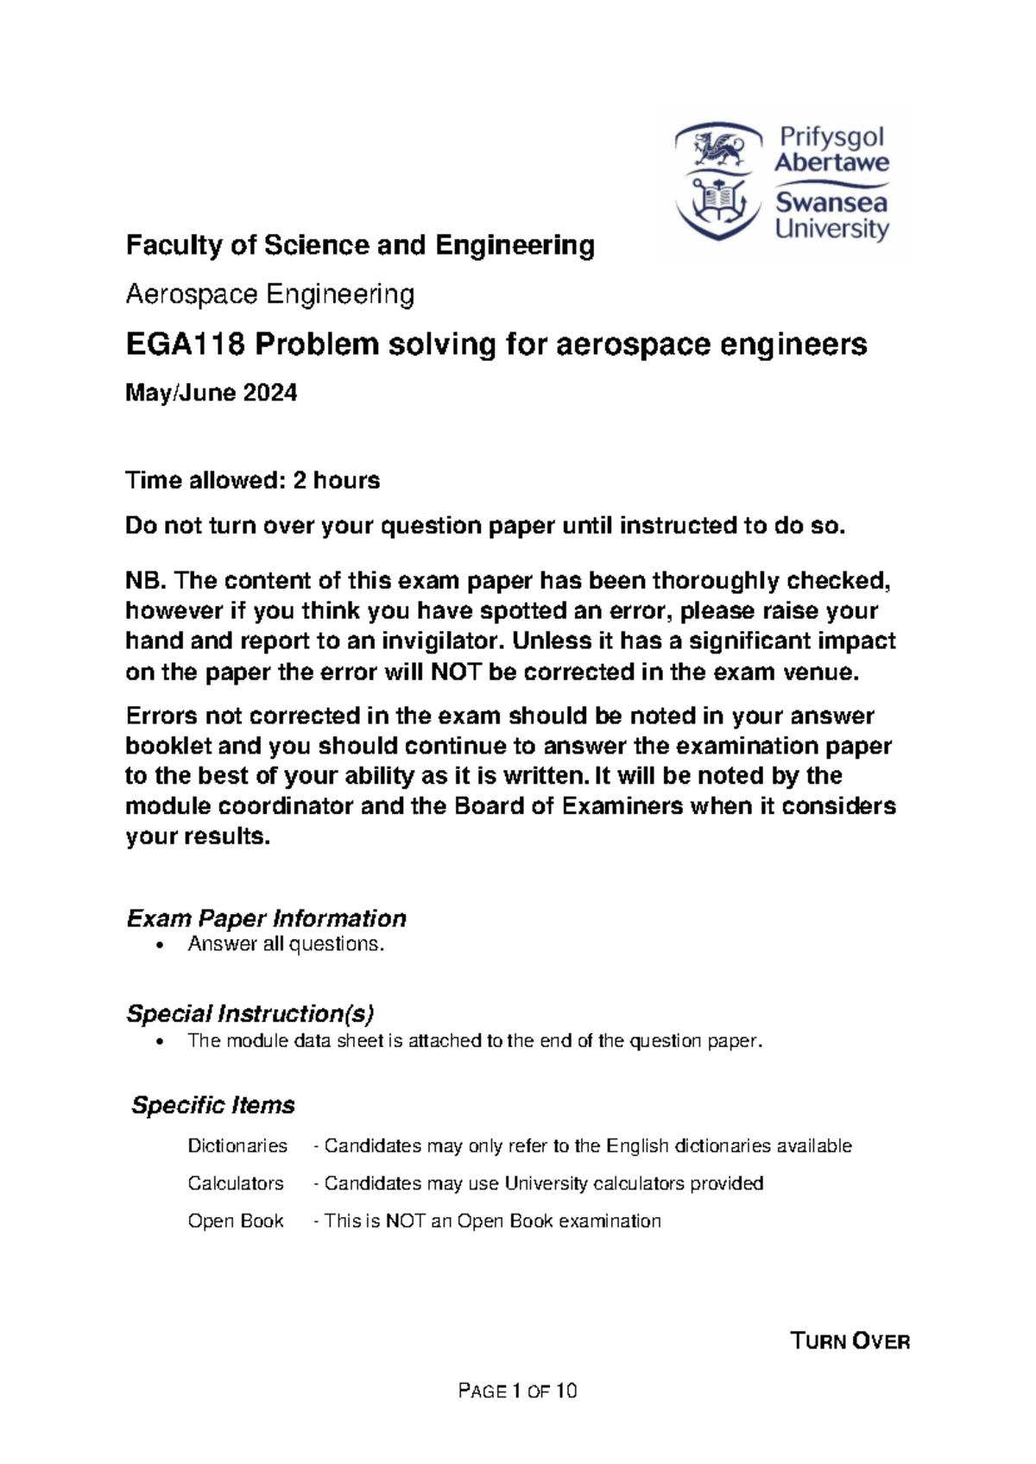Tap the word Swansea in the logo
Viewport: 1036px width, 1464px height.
tap(831, 203)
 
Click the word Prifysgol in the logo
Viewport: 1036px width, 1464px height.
tap(831, 136)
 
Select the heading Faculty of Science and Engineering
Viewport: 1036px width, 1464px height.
tap(360, 246)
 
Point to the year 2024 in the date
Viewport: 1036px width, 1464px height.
tap(269, 394)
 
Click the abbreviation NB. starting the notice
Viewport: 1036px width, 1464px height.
tap(146, 581)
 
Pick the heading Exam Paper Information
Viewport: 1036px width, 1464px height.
tap(266, 918)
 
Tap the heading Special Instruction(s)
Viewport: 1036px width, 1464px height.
tap(250, 1013)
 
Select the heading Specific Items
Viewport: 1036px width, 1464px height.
tap(212, 1106)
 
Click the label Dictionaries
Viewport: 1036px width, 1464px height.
tap(237, 1146)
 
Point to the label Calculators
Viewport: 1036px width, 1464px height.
tap(236, 1183)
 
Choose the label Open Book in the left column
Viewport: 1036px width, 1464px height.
tap(236, 1221)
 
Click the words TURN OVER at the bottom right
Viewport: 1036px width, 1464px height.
tap(850, 1341)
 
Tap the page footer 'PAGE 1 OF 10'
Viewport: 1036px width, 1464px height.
tap(518, 1391)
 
